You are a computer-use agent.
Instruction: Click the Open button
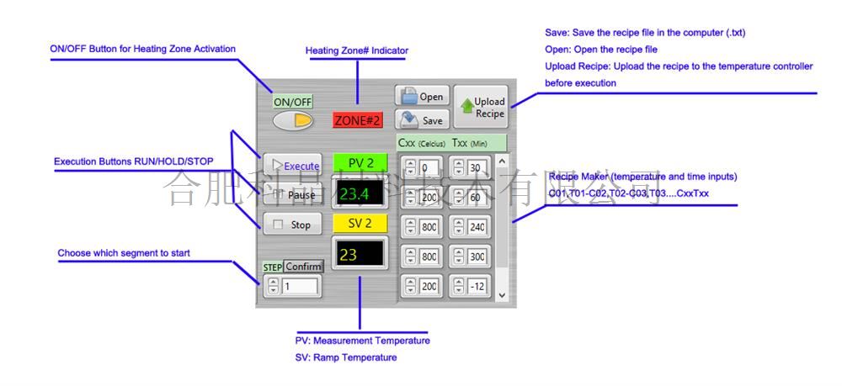[421, 97]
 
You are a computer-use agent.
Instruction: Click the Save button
[421, 120]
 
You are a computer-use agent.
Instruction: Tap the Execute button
[292, 166]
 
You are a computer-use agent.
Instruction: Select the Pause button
[292, 194]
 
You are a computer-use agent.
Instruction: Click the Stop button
[292, 225]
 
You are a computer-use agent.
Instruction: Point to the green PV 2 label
[360, 162]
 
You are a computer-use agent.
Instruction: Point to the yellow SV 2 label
[360, 224]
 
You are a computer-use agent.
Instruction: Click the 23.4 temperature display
[360, 195]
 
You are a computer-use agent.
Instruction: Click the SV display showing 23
[360, 254]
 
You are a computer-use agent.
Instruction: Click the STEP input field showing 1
[299, 287]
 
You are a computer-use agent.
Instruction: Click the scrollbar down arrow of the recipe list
[502, 295]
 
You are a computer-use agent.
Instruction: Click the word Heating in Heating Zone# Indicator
[324, 50]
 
